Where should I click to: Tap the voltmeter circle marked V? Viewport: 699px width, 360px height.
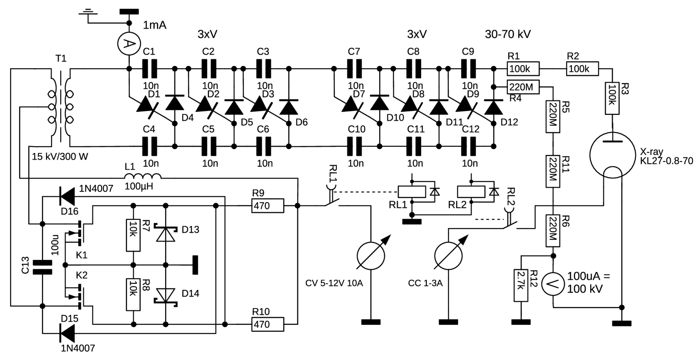[553, 284]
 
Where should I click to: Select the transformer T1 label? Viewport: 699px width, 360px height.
[61, 58]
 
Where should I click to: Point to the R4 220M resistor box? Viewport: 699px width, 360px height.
[523, 87]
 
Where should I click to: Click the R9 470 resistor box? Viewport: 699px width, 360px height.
[267, 206]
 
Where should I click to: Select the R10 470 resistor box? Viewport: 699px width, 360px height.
[267, 324]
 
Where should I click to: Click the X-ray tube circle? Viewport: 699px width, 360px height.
[612, 155]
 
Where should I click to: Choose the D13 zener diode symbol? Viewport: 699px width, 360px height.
[166, 233]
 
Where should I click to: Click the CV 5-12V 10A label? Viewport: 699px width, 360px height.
[334, 283]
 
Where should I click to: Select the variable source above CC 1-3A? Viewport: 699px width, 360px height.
[448, 256]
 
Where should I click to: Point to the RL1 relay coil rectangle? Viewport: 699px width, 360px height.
[412, 192]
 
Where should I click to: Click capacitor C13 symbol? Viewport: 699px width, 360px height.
[42, 267]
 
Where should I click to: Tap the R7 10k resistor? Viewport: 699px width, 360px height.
[133, 235]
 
